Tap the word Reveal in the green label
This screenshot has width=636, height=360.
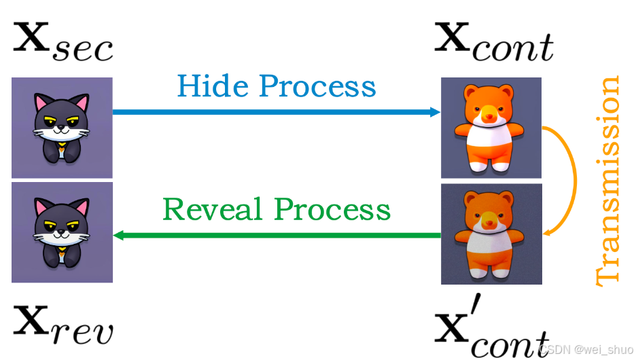(x=209, y=210)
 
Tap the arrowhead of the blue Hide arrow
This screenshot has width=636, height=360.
(x=436, y=112)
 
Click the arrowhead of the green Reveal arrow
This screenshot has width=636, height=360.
(x=118, y=236)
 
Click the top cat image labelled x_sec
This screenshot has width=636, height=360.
(x=62, y=128)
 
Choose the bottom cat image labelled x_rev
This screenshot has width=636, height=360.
(x=62, y=232)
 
